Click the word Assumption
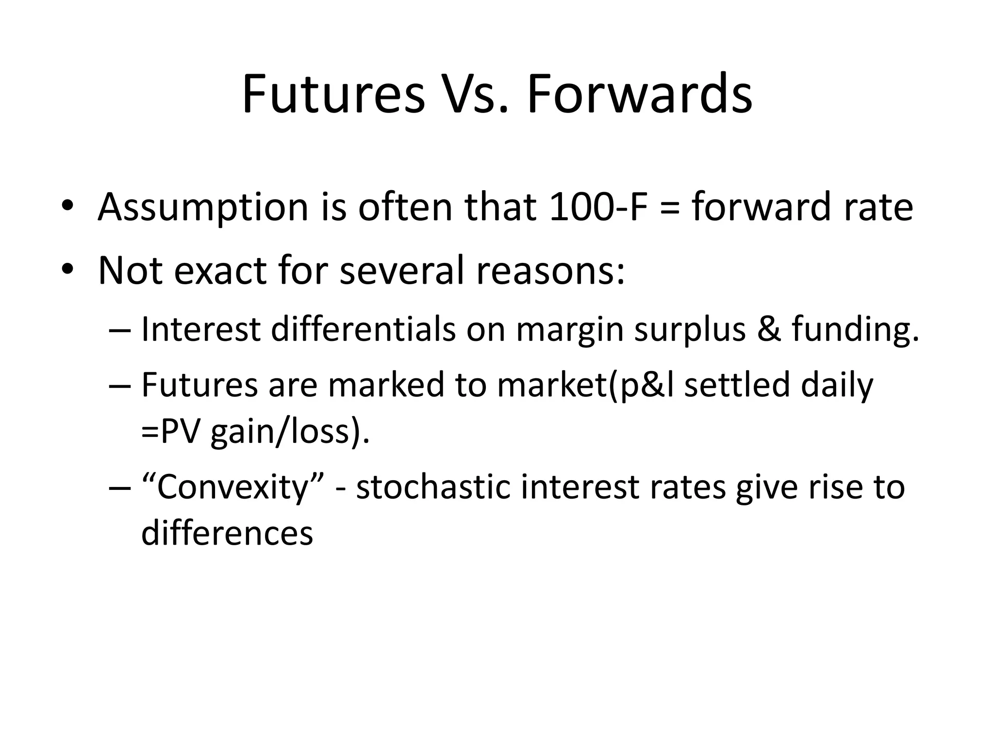pyautogui.click(x=203, y=208)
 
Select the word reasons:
pyautogui.click(x=550, y=270)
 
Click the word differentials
pyautogui.click(x=363, y=329)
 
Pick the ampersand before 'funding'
pyautogui.click(x=769, y=329)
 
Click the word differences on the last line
pyautogui.click(x=227, y=533)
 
